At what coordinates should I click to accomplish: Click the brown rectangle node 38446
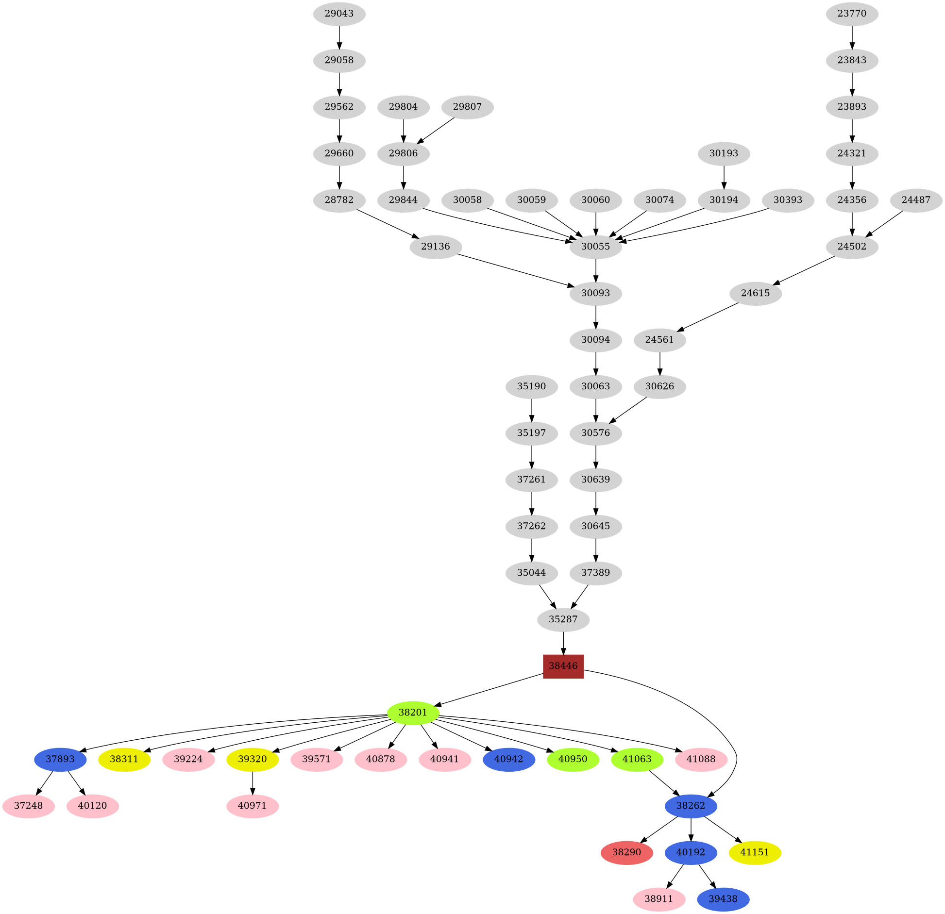pyautogui.click(x=563, y=666)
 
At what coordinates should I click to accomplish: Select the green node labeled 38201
pyautogui.click(x=413, y=713)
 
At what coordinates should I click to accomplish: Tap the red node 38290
pyautogui.click(x=626, y=852)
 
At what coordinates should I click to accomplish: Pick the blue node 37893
pyautogui.click(x=60, y=759)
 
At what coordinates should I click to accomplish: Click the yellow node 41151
pyautogui.click(x=755, y=852)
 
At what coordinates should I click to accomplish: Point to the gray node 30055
pyautogui.click(x=595, y=247)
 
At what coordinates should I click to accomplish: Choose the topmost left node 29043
pyautogui.click(x=339, y=14)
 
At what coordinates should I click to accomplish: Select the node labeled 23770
pyautogui.click(x=852, y=14)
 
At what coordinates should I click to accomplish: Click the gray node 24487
pyautogui.click(x=916, y=200)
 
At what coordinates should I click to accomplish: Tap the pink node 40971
pyautogui.click(x=253, y=806)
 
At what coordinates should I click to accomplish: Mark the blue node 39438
pyautogui.click(x=723, y=899)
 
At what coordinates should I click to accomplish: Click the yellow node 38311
pyautogui.click(x=124, y=759)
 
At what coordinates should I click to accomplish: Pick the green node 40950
pyautogui.click(x=573, y=759)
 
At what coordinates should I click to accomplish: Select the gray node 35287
pyautogui.click(x=563, y=619)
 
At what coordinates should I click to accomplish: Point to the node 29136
pyautogui.click(x=435, y=247)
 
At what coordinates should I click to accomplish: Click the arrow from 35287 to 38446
pyautogui.click(x=563, y=643)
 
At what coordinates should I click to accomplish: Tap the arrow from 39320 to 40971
pyautogui.click(x=253, y=782)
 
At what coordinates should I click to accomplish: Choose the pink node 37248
pyautogui.click(x=28, y=806)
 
